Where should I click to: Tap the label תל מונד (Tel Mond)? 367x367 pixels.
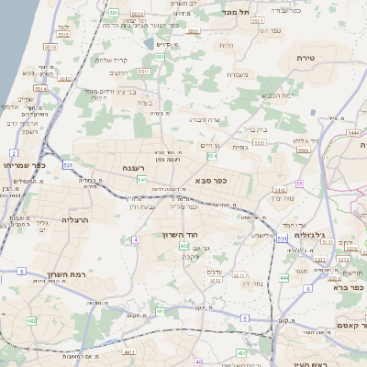[236, 13]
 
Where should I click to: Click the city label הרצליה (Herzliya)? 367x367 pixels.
[75, 220]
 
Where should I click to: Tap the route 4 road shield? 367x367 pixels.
[135, 239]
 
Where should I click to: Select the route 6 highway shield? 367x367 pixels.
[307, 289]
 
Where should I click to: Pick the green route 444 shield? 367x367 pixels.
[284, 277]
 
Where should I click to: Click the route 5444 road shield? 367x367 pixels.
[353, 134]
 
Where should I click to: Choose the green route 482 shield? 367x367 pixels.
[31, 321]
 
